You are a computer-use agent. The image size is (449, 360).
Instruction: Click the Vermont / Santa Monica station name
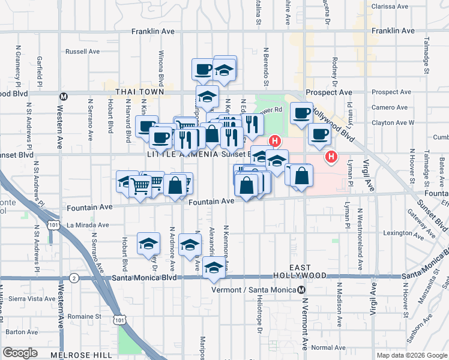(255, 290)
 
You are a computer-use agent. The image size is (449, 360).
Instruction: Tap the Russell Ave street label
(83, 52)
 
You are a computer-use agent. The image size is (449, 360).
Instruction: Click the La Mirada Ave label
(89, 225)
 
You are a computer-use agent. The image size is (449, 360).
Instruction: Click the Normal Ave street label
(328, 347)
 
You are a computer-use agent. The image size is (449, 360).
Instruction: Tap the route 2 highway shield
(74, 278)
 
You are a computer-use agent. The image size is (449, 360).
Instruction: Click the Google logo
(20, 353)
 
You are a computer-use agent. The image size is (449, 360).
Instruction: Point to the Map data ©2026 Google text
(411, 355)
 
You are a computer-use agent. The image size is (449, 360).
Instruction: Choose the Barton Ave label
(23, 331)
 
